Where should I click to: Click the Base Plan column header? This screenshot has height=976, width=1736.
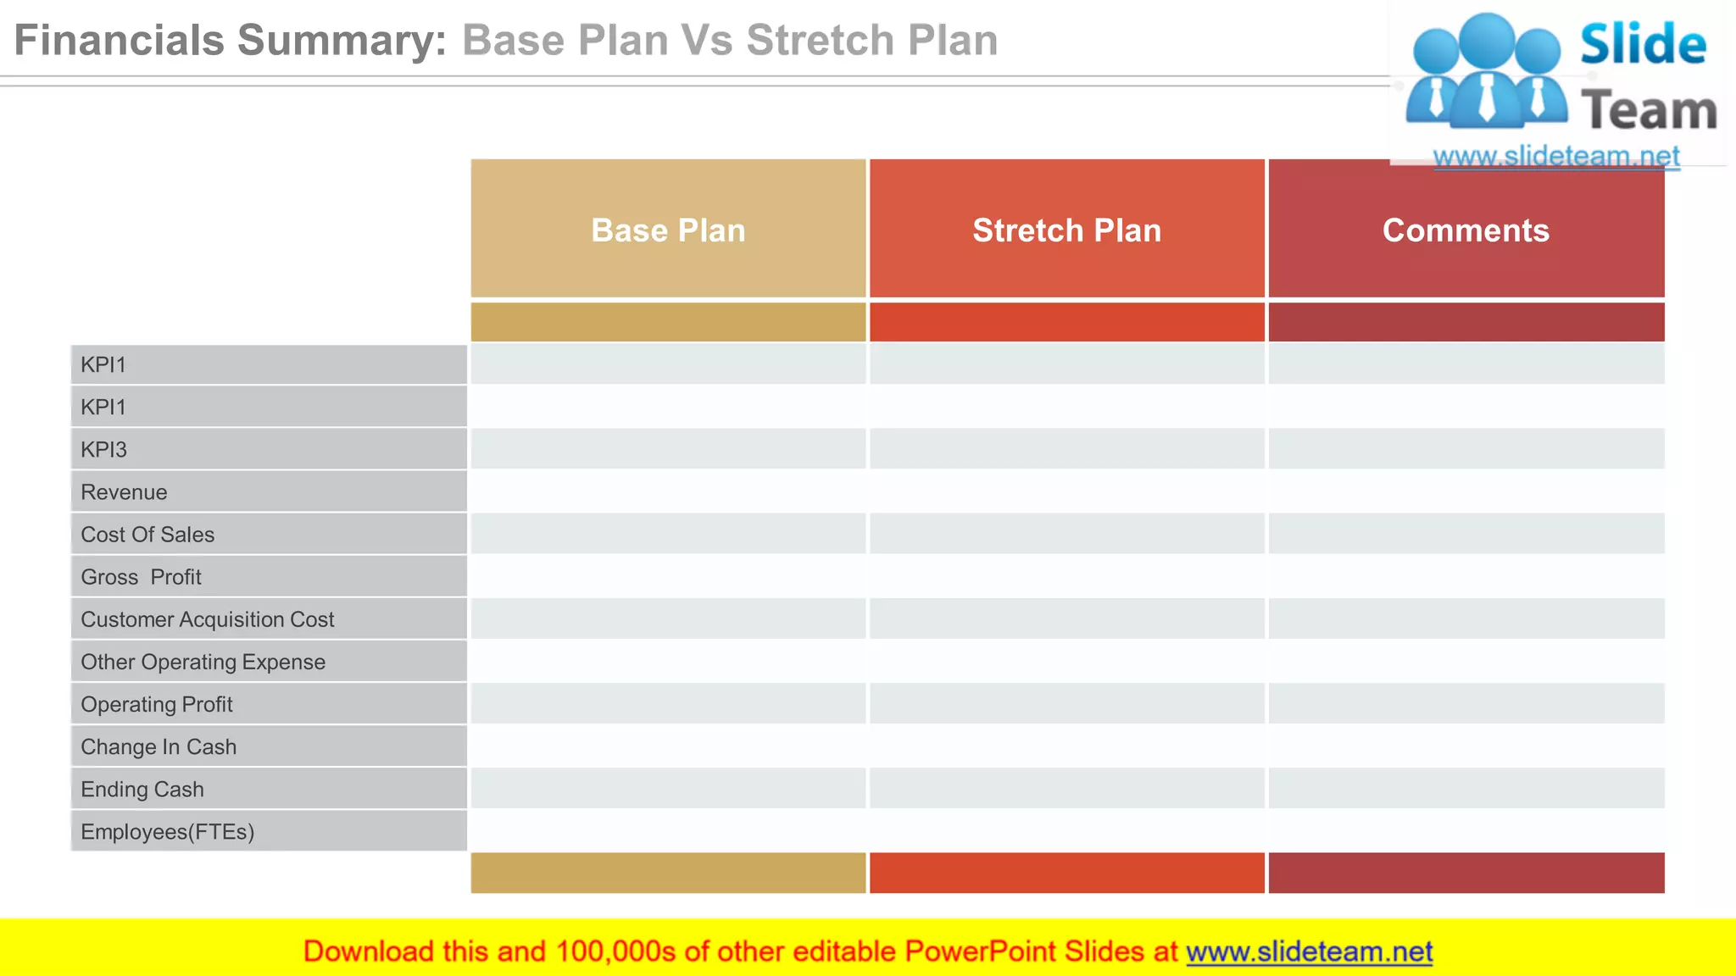(668, 230)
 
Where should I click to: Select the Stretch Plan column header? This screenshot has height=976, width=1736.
(1066, 230)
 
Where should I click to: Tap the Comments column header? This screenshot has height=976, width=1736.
(1466, 230)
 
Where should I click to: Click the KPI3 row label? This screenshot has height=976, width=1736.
(103, 449)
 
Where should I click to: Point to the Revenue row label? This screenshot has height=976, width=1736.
(124, 491)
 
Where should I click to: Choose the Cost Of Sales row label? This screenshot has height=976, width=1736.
(147, 534)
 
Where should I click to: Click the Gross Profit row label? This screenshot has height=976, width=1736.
(141, 576)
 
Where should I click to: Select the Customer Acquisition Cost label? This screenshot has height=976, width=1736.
(207, 618)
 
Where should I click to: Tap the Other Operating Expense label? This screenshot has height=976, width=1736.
(203, 661)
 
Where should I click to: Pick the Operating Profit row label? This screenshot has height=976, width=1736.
(156, 703)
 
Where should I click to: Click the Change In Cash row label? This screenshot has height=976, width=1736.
(159, 746)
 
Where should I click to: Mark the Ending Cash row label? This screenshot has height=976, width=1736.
(142, 788)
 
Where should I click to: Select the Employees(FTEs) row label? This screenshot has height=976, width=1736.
(167, 830)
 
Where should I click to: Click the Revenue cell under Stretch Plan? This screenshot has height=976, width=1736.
(1066, 491)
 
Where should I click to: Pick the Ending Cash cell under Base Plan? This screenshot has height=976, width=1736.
(668, 788)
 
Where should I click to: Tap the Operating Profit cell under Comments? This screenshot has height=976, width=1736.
(1466, 703)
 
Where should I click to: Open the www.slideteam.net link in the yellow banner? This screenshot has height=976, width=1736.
(1309, 951)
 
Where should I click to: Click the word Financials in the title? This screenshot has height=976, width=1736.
(118, 40)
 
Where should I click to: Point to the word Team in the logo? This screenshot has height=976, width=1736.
(1649, 111)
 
